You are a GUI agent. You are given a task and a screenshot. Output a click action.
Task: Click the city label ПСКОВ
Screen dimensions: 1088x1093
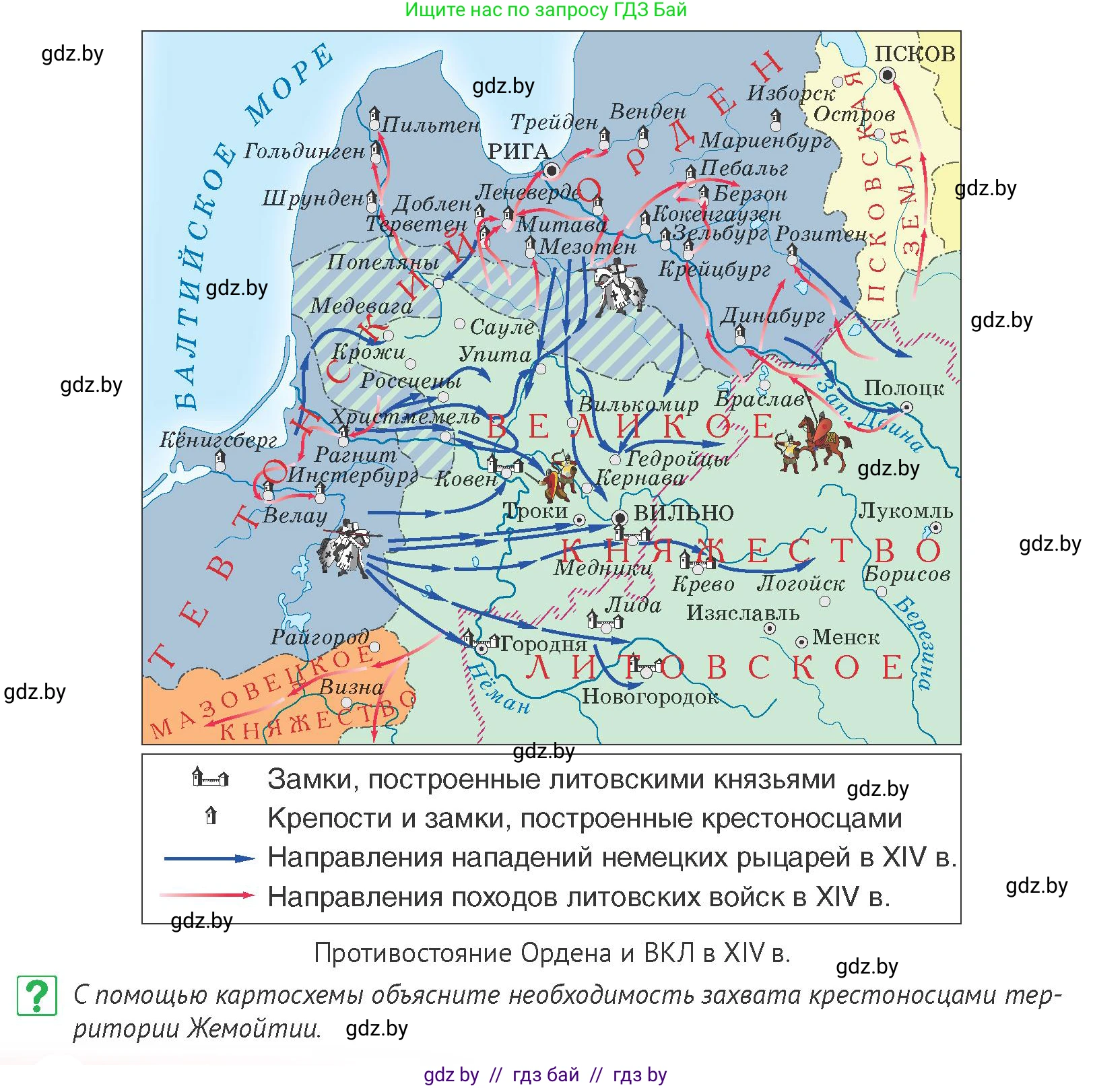click(x=914, y=53)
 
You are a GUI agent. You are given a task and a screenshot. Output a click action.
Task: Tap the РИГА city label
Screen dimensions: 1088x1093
click(x=519, y=151)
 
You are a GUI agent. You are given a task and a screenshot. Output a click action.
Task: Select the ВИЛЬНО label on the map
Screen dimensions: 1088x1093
click(x=684, y=513)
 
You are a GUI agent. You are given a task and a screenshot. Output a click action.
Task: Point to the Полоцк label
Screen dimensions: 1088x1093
click(x=904, y=388)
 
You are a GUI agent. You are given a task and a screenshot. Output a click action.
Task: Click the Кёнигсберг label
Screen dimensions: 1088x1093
click(x=218, y=440)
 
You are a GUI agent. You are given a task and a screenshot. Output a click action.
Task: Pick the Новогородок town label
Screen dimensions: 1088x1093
click(x=650, y=696)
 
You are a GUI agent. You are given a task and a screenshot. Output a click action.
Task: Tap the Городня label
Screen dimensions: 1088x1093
click(x=543, y=644)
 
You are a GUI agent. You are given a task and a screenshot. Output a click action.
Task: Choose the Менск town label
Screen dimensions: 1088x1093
click(x=845, y=637)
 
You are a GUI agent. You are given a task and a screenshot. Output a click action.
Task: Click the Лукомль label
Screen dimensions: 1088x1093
click(x=905, y=511)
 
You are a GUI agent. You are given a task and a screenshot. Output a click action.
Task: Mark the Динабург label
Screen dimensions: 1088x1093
click(x=773, y=316)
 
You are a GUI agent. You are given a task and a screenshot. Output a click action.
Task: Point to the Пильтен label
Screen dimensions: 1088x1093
click(x=430, y=125)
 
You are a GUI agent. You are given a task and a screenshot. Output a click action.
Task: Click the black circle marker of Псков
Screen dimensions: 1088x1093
click(x=888, y=75)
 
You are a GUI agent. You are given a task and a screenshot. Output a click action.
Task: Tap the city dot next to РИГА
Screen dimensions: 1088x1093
click(x=552, y=169)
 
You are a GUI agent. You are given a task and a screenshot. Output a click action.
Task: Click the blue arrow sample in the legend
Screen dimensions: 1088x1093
click(x=209, y=858)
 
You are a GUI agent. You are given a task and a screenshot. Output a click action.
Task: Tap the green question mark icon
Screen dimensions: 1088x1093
click(x=37, y=996)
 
